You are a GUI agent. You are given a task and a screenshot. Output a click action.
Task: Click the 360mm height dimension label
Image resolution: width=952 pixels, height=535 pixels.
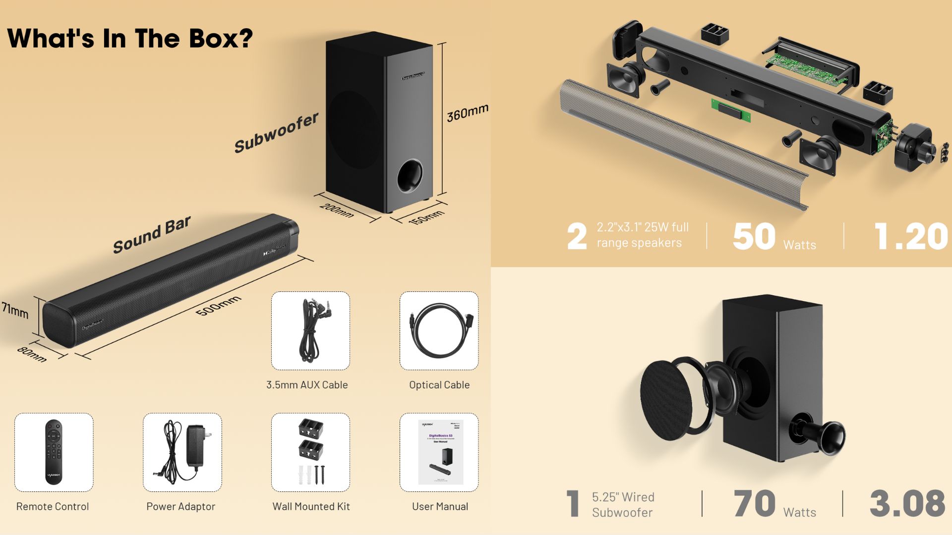[467, 113]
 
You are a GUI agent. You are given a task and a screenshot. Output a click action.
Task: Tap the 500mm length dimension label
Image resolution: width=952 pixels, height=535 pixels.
[218, 305]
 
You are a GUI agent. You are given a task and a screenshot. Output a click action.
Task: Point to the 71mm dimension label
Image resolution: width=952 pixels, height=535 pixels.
[15, 310]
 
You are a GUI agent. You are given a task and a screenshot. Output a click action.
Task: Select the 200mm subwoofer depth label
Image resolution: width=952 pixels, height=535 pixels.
[337, 210]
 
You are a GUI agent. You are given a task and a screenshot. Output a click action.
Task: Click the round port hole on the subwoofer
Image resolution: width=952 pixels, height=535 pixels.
[410, 175]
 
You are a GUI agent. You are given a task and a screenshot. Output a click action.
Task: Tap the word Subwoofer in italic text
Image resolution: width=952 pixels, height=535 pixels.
[276, 133]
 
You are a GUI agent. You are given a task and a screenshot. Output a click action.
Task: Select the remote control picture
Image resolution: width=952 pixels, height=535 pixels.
[54, 452]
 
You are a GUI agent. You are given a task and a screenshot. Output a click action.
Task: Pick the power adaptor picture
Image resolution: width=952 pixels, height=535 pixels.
[182, 452]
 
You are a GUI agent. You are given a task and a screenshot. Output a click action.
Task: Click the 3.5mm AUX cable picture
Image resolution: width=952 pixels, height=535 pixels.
[311, 330]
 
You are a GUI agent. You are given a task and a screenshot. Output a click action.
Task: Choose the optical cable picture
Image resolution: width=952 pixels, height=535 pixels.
[439, 330]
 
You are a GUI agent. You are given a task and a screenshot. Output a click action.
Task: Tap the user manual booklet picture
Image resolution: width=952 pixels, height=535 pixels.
[440, 452]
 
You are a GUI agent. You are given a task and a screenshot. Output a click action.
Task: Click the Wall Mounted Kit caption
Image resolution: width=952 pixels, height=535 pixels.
[311, 506]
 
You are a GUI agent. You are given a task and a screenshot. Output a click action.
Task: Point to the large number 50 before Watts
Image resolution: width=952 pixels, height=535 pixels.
[754, 237]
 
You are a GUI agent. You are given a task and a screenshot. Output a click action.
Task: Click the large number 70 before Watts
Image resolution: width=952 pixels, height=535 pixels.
[754, 503]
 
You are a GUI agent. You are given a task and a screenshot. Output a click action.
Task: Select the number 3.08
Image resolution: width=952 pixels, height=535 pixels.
[907, 503]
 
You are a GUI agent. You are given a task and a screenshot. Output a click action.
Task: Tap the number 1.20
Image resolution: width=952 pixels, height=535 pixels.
[911, 237]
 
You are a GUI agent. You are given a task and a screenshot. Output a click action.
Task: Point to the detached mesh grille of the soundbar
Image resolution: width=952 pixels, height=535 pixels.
[679, 144]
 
